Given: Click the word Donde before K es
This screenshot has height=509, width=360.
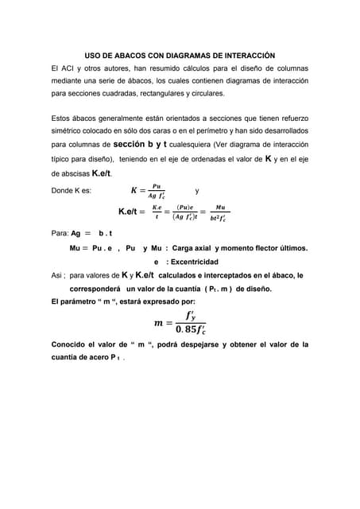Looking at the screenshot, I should pos(62,191).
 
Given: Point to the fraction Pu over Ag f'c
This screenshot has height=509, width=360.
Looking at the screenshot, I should pos(151,191).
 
